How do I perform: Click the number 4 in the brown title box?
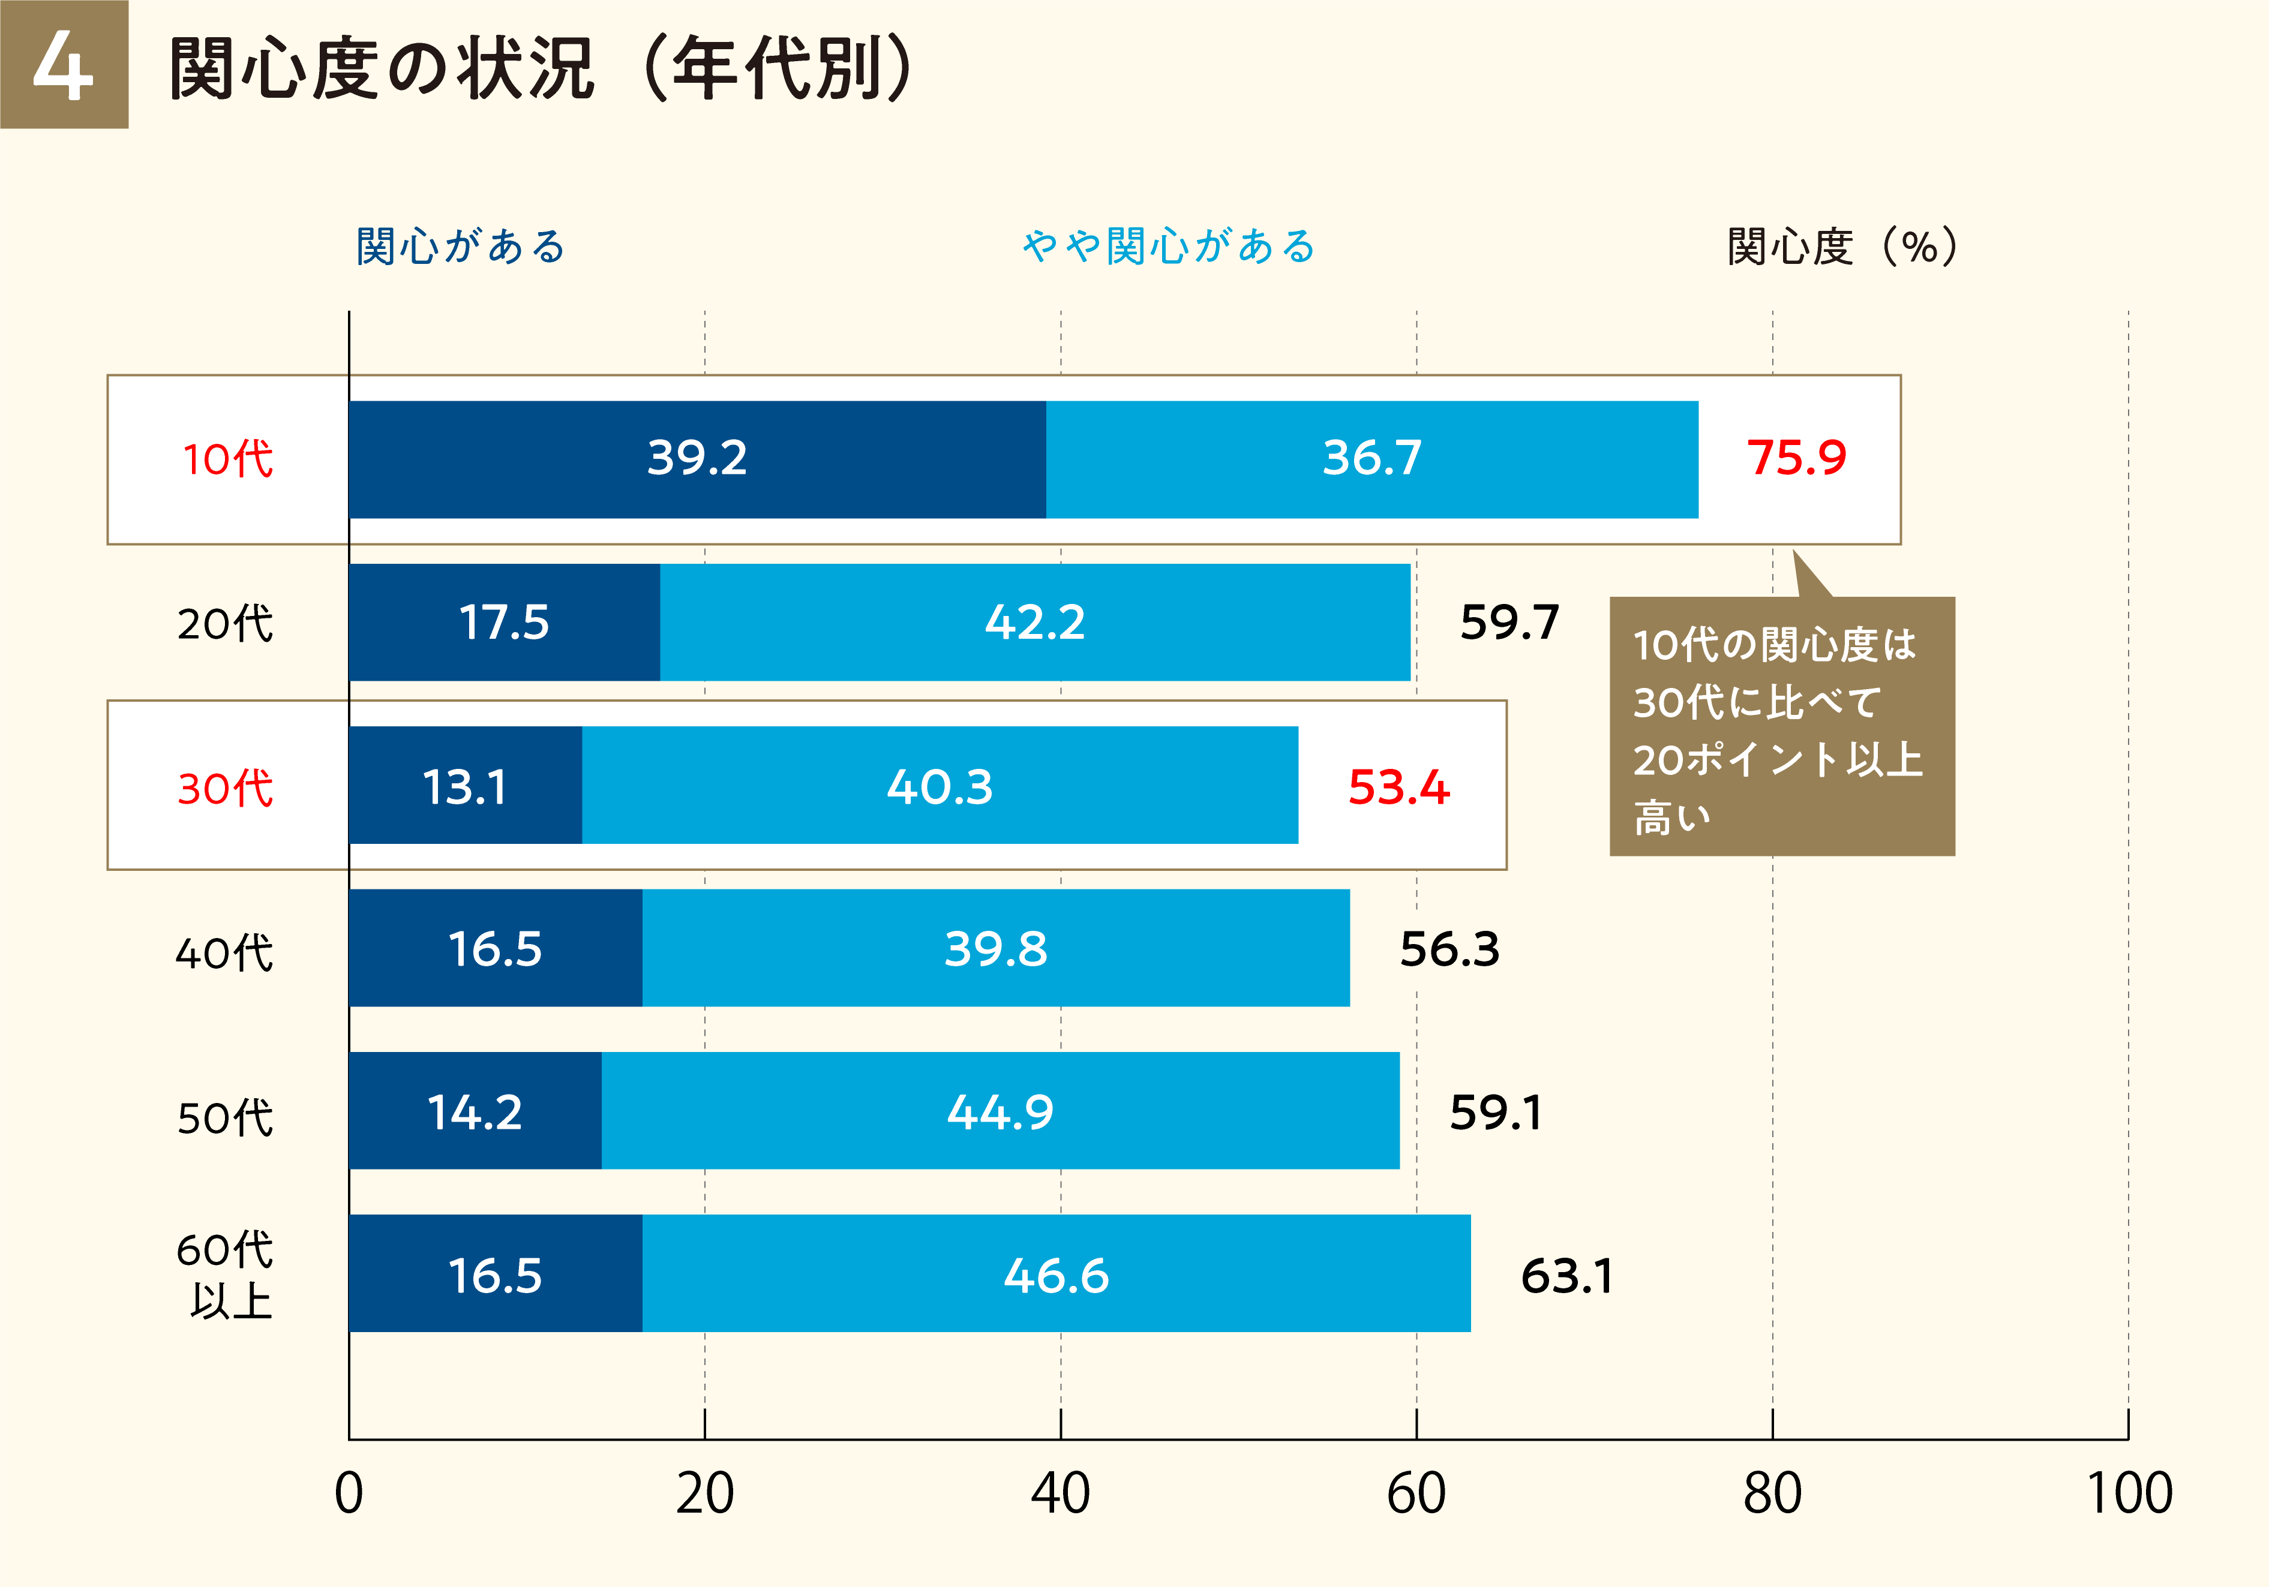[x=63, y=65]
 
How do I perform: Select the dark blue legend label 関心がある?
[x=461, y=246]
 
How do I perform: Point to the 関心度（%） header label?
[x=1842, y=246]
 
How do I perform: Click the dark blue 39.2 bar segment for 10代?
[x=697, y=458]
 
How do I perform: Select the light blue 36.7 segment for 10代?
[x=1371, y=458]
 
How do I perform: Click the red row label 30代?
[x=226, y=788]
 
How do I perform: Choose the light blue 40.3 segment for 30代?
[x=939, y=786]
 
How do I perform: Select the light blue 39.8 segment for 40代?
[x=995, y=949]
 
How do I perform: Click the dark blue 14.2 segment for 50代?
[x=475, y=1112]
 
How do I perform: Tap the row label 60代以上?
[x=226, y=1275]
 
